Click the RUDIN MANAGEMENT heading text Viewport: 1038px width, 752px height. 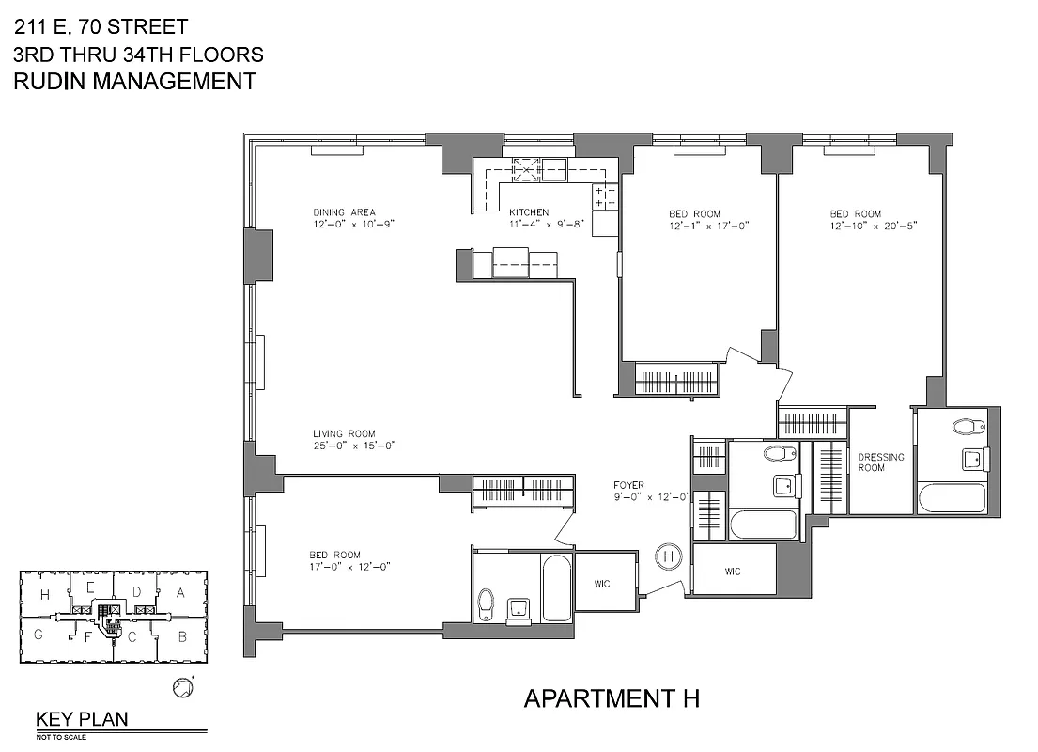134,81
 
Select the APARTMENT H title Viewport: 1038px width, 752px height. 611,698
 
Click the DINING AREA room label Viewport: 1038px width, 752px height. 344,212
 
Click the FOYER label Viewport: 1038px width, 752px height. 628,485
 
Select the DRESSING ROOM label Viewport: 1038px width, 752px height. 880,462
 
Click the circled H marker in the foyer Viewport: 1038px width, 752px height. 669,556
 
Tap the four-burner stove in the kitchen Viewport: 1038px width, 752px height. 605,197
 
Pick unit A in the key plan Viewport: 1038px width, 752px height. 180,592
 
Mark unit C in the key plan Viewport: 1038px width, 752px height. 133,636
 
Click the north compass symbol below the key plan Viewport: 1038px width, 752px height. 182,688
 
